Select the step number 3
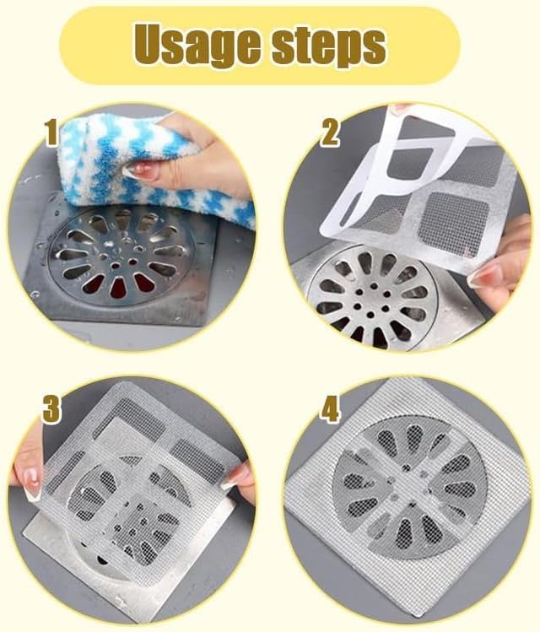[x=52, y=410]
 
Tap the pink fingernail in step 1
[x=139, y=170]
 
